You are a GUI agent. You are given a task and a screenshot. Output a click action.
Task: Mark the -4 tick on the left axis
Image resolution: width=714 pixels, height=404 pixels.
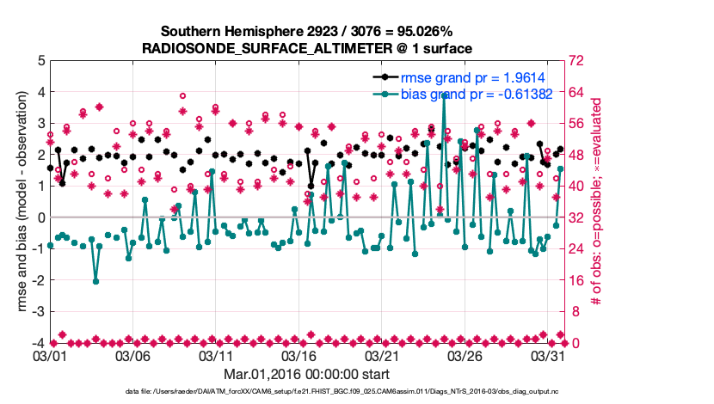tap(36, 343)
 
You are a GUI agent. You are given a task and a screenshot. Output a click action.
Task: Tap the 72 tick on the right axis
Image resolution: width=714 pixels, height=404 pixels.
tap(575, 61)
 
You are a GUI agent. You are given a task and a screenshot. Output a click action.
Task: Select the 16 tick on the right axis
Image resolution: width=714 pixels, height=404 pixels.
tap(575, 280)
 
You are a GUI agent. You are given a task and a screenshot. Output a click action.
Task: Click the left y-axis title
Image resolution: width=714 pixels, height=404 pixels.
tap(15, 202)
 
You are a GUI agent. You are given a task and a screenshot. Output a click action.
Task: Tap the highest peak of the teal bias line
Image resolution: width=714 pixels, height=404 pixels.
tap(444, 97)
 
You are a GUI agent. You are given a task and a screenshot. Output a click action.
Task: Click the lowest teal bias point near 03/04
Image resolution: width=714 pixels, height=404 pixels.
tap(95, 281)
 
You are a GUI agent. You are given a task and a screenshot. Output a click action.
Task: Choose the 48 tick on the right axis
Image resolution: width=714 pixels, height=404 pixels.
tap(575, 155)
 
